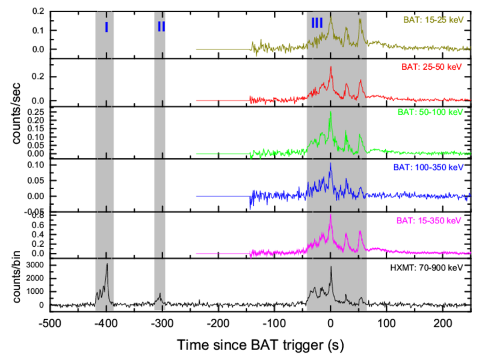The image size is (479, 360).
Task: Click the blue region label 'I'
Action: [x=106, y=26]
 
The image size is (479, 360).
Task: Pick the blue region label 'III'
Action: [x=317, y=23]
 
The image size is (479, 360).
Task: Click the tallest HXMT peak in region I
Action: [x=107, y=264]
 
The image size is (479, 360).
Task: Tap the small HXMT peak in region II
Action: [x=160, y=294]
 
